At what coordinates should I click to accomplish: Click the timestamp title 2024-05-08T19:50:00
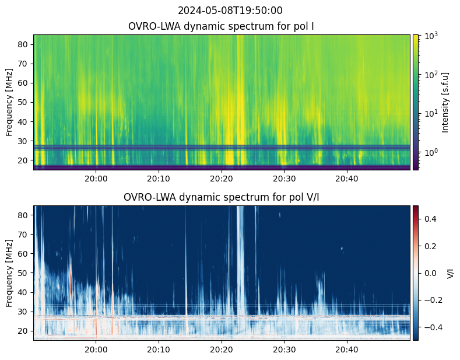point(230,11)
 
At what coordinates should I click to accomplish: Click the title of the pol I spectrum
point(222,27)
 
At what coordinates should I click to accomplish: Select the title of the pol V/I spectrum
point(222,197)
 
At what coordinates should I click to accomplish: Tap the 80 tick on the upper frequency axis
point(24,44)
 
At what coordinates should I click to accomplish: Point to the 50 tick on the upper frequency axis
point(24,102)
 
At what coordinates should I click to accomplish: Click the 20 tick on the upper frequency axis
point(24,160)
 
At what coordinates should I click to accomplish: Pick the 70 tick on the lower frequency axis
point(24,235)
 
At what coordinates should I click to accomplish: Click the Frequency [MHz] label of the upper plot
point(9,102)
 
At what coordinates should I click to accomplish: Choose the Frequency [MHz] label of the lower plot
point(9,273)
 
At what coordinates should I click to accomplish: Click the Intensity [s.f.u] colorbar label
point(446,102)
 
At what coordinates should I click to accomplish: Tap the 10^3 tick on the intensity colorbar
point(430,36)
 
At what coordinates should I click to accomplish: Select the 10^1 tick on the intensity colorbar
point(430,113)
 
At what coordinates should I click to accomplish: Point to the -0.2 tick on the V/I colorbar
point(431,299)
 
